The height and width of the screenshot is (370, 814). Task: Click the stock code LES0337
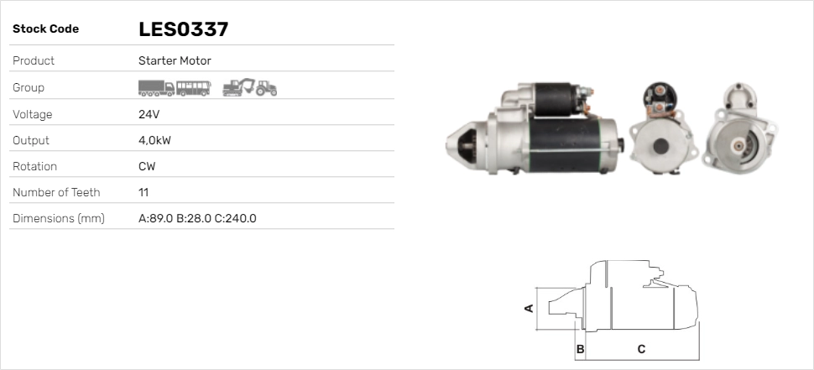click(183, 29)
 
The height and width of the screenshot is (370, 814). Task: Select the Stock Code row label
click(45, 29)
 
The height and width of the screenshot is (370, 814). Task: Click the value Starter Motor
click(175, 60)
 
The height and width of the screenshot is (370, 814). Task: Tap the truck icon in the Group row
click(156, 87)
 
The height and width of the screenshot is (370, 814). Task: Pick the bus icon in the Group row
click(193, 87)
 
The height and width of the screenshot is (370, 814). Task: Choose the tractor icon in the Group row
click(267, 87)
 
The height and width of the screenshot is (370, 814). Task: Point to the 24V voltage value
click(149, 114)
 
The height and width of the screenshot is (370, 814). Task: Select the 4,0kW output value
click(154, 140)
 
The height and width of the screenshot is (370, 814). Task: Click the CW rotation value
click(147, 166)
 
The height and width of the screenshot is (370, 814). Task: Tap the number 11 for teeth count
click(143, 192)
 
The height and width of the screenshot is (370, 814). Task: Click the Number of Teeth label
click(56, 192)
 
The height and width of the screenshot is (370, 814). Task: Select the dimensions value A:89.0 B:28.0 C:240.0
click(197, 218)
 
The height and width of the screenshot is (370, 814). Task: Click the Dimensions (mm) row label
click(59, 218)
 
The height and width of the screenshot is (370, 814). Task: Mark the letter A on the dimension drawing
click(529, 308)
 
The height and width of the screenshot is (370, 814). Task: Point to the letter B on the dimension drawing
click(580, 348)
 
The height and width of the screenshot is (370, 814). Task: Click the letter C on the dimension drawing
click(641, 348)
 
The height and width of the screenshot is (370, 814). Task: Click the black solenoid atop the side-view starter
click(554, 100)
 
